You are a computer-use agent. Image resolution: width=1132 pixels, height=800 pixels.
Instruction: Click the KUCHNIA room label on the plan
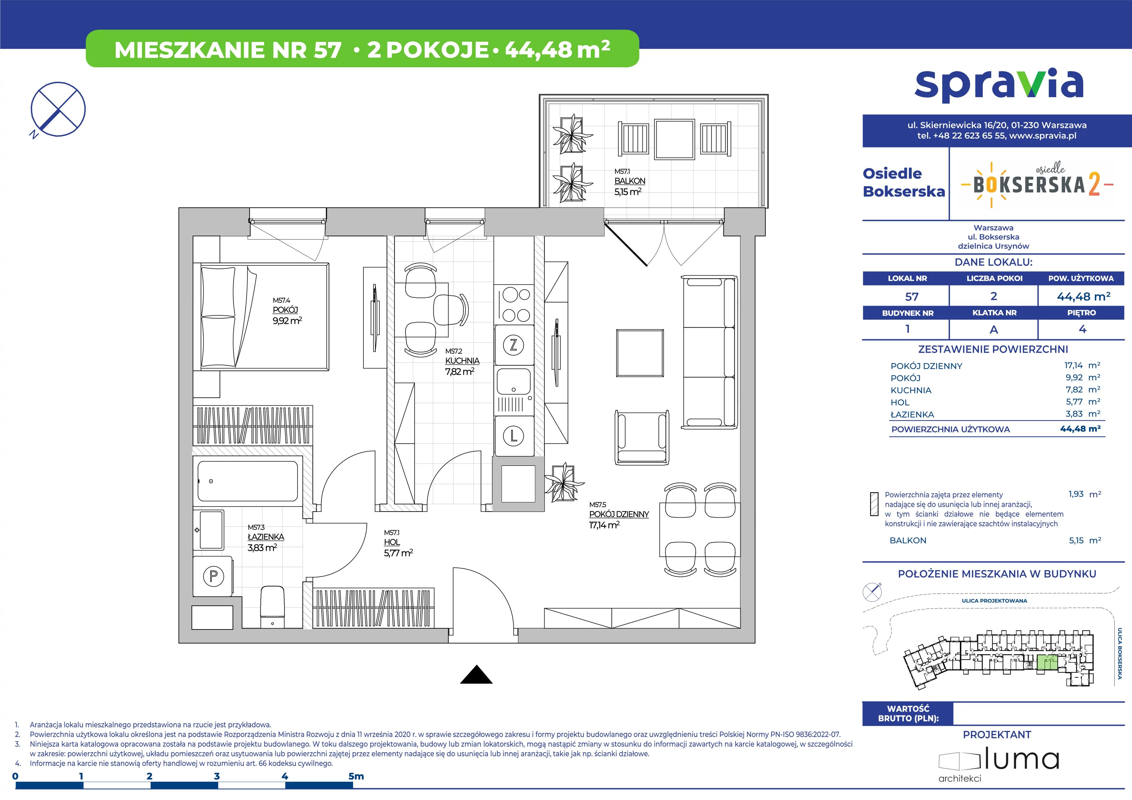tap(462, 361)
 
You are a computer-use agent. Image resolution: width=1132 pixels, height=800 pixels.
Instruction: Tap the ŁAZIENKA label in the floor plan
tap(266, 537)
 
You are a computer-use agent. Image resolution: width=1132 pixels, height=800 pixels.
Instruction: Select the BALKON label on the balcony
tap(630, 181)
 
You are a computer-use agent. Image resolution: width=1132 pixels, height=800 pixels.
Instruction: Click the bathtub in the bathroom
tap(248, 481)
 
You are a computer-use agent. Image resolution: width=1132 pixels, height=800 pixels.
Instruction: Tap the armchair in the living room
tap(641, 437)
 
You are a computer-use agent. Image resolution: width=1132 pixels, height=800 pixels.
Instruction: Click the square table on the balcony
tap(674, 139)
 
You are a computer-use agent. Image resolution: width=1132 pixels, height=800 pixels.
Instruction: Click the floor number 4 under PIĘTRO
tap(1083, 329)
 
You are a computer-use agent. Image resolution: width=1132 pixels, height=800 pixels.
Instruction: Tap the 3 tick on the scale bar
tap(217, 776)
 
